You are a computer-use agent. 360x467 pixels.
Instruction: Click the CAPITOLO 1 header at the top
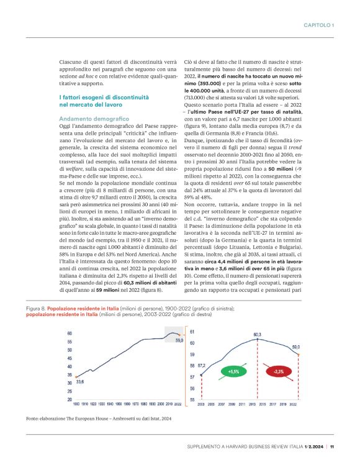point(318,25)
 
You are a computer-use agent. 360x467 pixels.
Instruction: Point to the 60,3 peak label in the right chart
point(257,335)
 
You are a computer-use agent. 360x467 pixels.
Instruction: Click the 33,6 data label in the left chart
point(79,383)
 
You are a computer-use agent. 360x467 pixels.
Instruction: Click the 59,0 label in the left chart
point(179,340)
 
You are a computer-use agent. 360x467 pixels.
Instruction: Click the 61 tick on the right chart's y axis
point(192,332)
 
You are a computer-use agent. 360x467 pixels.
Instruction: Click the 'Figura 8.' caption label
point(36,308)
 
